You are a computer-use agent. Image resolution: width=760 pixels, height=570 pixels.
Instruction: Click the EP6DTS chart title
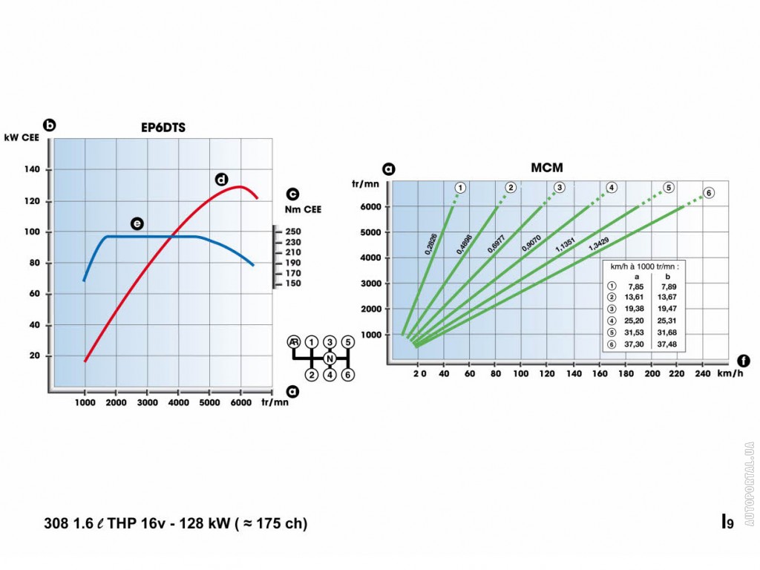[163, 128]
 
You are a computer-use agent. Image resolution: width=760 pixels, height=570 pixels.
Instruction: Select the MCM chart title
[547, 168]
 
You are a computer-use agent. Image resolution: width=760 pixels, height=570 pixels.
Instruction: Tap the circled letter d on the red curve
[220, 179]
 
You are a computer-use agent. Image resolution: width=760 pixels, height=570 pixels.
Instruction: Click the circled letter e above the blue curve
[137, 223]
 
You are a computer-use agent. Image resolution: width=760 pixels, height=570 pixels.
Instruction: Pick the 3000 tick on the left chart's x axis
[147, 402]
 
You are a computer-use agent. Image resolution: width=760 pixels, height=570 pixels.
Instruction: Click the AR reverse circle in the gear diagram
[295, 341]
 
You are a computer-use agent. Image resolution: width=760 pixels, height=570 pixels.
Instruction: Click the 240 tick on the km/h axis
[702, 374]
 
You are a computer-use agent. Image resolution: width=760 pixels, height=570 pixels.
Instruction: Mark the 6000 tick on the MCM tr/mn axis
[371, 206]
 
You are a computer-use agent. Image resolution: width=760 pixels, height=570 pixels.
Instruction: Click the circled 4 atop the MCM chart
[612, 187]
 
